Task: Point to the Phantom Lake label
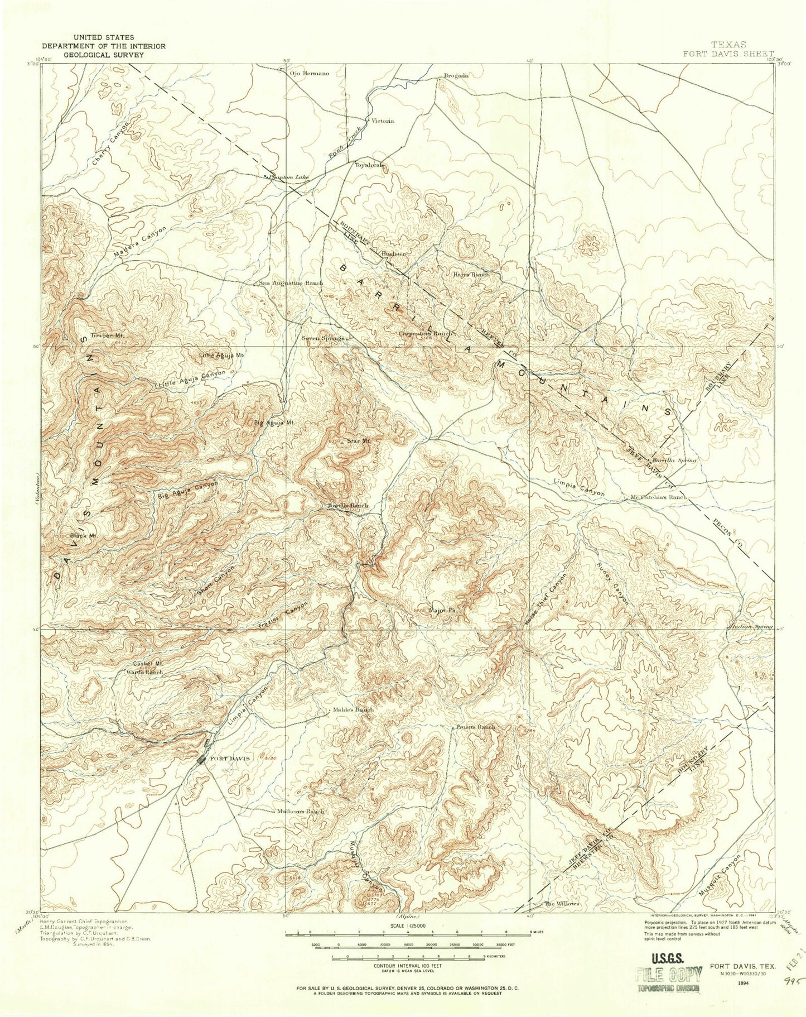[288, 178]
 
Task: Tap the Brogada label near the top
[455, 75]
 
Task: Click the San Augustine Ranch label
[291, 283]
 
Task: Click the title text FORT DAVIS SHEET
[722, 54]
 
